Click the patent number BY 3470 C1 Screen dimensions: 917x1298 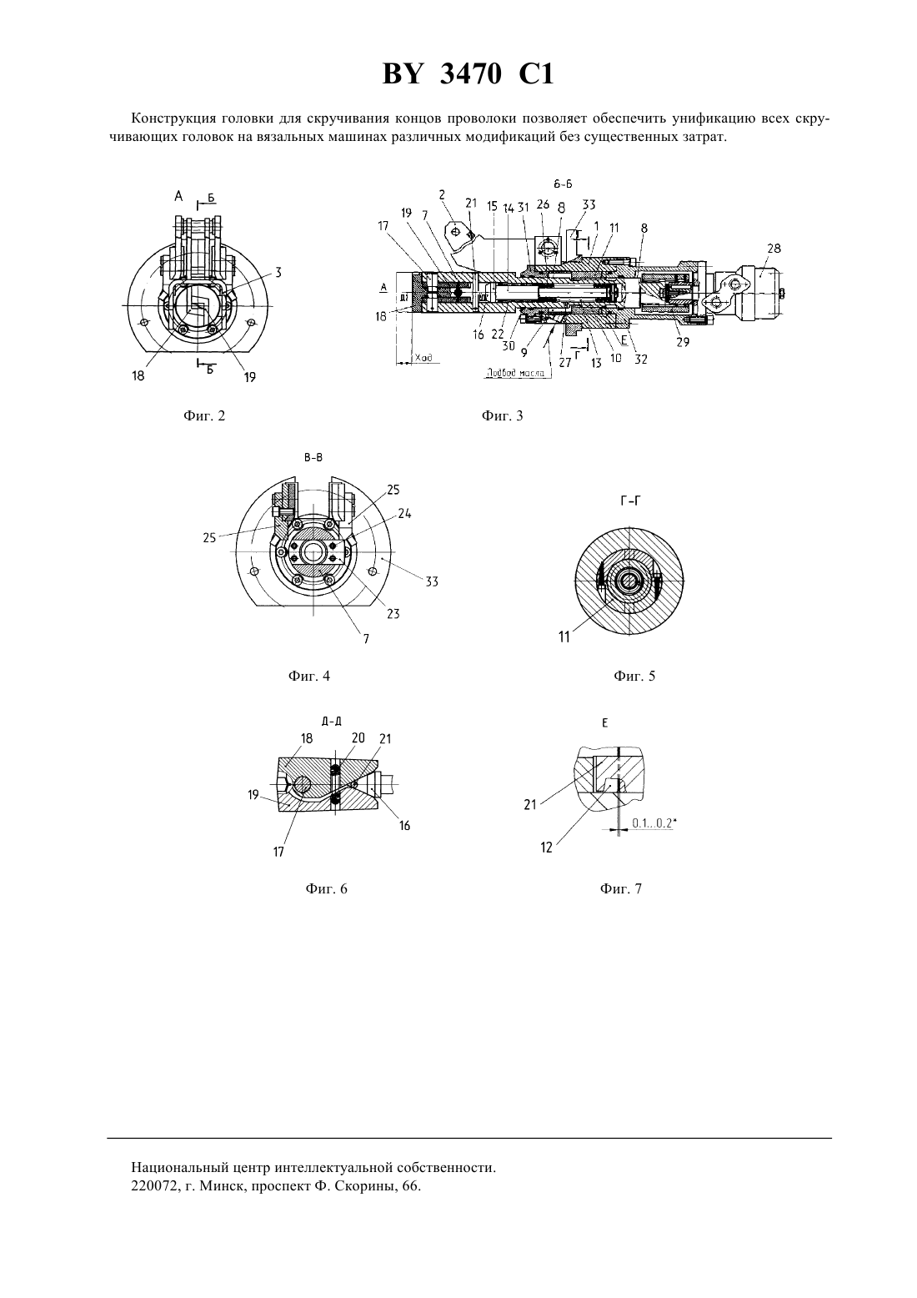[x=468, y=75]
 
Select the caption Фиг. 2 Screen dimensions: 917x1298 [x=204, y=415]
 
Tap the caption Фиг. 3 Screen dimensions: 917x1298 [x=502, y=415]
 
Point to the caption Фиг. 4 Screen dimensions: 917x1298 [x=309, y=676]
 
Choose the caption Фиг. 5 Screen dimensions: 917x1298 [x=634, y=676]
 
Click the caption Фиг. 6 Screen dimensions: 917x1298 [x=327, y=889]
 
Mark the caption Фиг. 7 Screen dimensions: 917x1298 [x=621, y=889]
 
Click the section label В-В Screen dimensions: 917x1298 [x=313, y=458]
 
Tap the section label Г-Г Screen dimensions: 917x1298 [x=630, y=501]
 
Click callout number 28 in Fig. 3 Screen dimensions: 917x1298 [x=774, y=249]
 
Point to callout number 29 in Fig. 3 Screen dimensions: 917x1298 [x=683, y=342]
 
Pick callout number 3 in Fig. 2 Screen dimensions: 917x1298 [x=278, y=272]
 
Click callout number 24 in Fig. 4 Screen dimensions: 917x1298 [x=404, y=513]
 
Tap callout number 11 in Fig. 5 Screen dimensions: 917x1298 [x=564, y=637]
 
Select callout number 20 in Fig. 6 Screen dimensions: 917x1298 [x=358, y=737]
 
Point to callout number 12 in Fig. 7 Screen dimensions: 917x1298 [x=547, y=848]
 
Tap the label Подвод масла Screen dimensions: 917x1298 [x=516, y=373]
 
